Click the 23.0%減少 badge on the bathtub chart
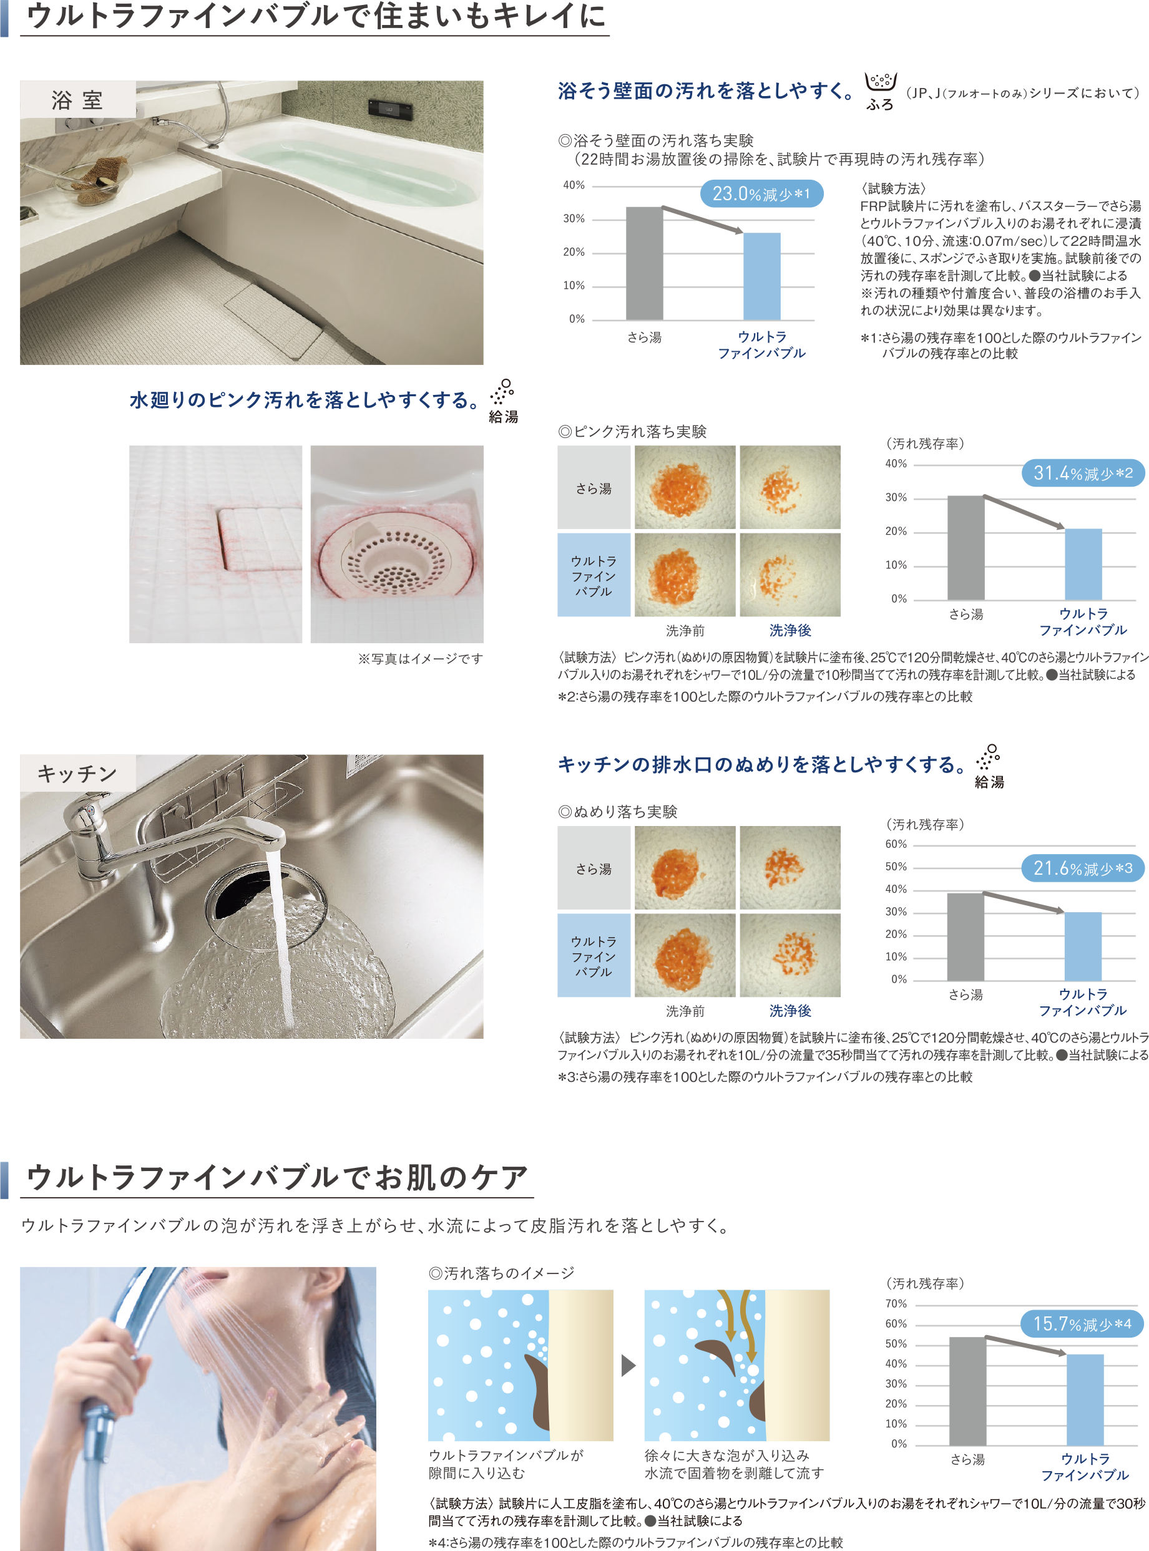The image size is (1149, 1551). [761, 193]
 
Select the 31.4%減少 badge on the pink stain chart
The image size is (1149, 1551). [1083, 473]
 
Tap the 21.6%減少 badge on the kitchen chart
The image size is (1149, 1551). [1083, 868]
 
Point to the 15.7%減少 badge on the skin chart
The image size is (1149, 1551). [1082, 1324]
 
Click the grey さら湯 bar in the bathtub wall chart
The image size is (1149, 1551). [644, 263]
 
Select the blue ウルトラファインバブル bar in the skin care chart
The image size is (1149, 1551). [1085, 1399]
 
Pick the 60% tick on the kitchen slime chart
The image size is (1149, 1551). [896, 844]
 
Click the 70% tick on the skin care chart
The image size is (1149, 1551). [896, 1303]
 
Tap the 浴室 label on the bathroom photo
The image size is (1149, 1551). [77, 99]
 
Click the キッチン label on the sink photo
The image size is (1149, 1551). [77, 773]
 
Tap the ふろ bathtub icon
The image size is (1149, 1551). [881, 91]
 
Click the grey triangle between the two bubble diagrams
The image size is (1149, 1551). [628, 1364]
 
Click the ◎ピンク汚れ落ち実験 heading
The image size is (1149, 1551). [632, 432]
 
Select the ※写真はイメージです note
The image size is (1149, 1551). [420, 658]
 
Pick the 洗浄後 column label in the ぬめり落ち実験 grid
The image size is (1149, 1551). [790, 1011]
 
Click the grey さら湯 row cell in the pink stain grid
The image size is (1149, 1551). [594, 487]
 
